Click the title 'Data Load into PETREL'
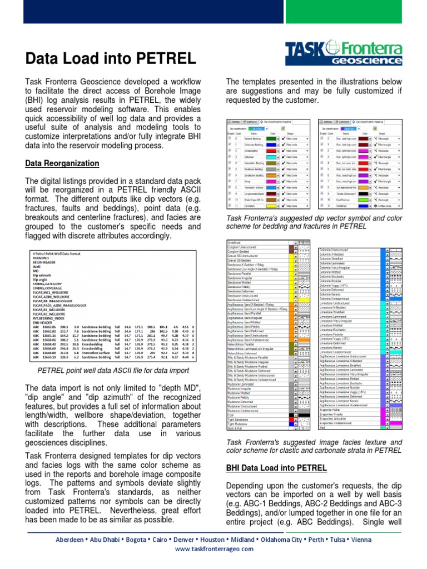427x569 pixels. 111,58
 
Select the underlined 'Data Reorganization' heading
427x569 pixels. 62,163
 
